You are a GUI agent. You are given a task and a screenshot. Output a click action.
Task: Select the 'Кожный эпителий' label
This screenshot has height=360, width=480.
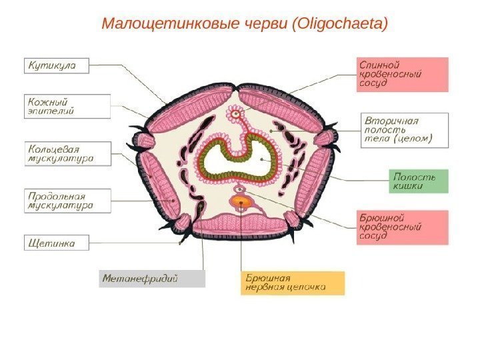[67, 106]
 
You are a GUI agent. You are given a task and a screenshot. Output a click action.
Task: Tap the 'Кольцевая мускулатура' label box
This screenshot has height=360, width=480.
[67, 153]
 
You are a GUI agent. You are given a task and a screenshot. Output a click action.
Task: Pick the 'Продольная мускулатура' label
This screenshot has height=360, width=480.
[67, 201]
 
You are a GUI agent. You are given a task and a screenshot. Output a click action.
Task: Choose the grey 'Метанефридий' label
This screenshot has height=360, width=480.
[152, 278]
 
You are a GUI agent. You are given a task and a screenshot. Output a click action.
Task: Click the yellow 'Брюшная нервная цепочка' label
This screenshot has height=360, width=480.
[292, 283]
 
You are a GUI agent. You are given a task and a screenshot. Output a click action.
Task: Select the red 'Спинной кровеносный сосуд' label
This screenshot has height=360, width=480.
[401, 75]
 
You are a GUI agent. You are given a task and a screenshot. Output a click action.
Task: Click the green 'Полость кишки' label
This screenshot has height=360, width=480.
[418, 181]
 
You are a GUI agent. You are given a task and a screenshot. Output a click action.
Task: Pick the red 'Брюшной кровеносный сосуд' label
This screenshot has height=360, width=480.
[401, 227]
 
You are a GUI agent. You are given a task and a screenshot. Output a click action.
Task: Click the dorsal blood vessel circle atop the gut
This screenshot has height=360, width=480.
[235, 114]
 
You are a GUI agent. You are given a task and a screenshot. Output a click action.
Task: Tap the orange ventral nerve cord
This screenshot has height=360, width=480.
[241, 201]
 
